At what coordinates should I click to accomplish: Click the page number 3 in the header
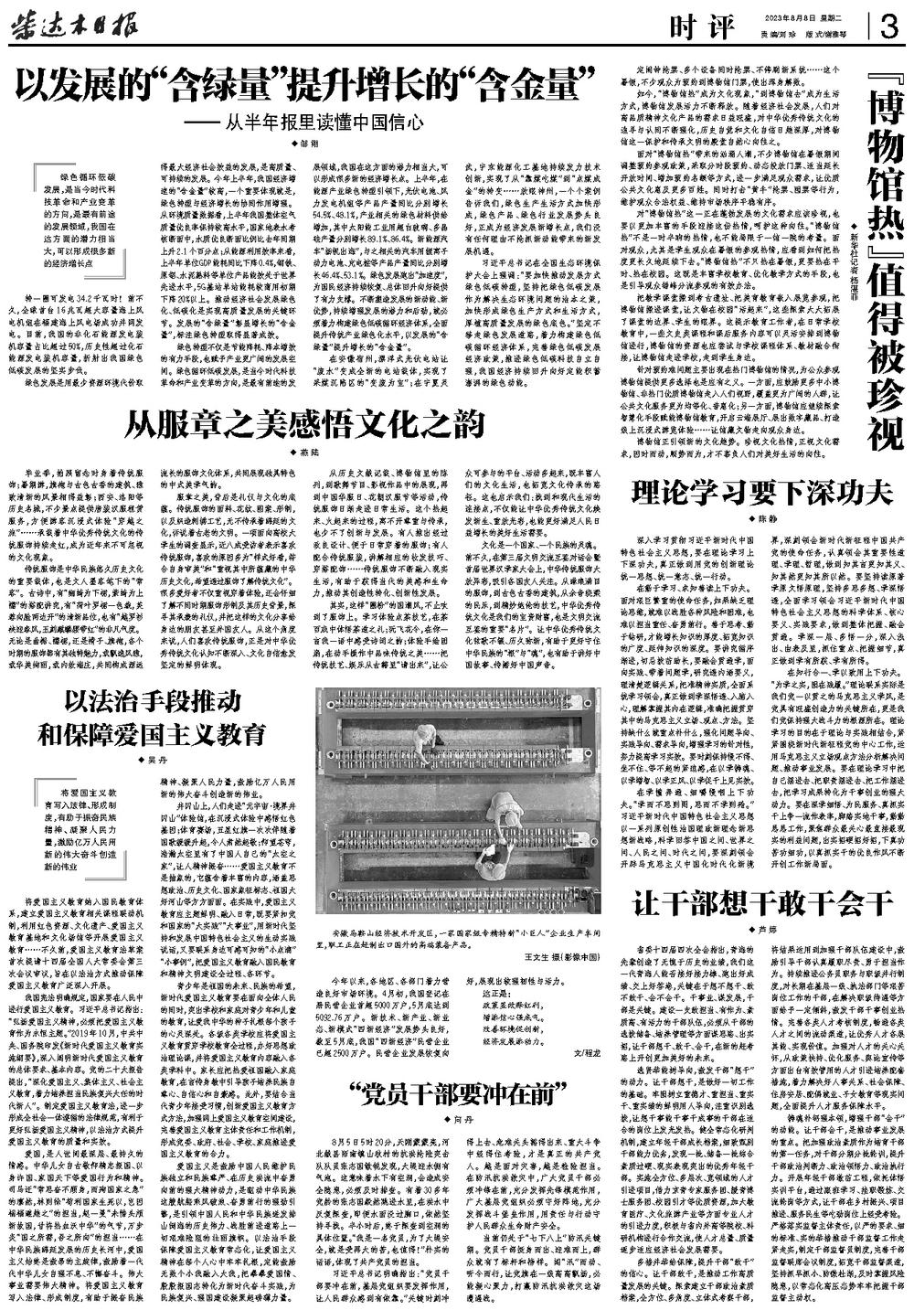click(886, 27)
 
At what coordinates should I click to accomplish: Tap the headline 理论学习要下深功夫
click(760, 493)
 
